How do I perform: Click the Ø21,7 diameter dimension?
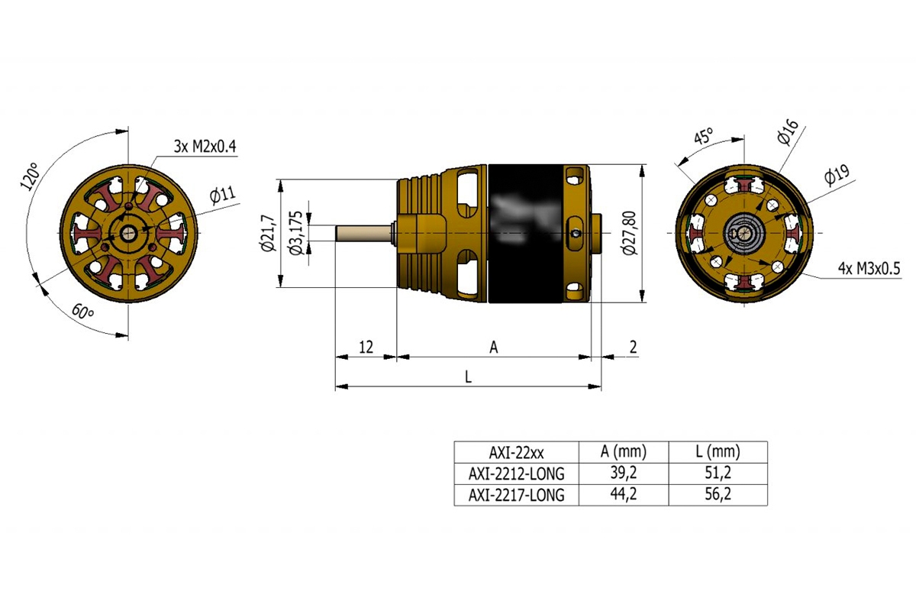267,234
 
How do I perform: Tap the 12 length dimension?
366,348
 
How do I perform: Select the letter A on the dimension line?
494,348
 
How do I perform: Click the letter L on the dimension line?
468,377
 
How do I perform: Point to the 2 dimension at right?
633,348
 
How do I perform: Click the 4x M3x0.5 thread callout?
869,269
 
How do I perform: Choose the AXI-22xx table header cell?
517,451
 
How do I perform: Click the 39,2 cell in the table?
624,473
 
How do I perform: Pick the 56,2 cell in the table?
717,495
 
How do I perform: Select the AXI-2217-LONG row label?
517,495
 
